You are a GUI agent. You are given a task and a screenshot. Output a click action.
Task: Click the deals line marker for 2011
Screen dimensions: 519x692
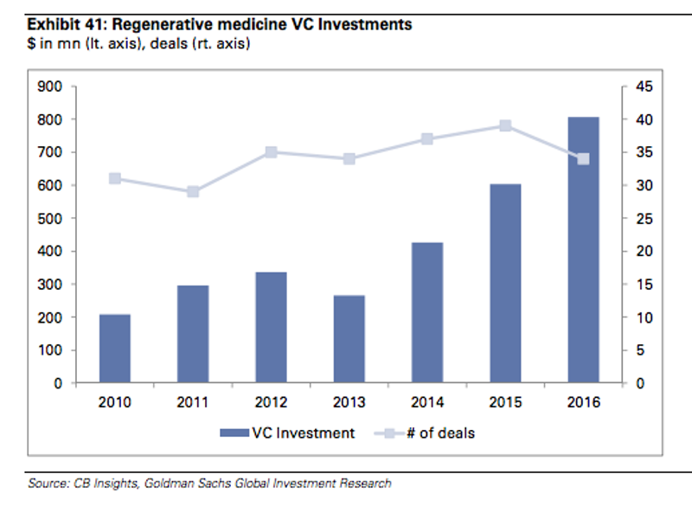point(193,191)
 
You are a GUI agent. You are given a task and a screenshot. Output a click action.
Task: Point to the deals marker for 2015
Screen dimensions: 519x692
point(506,125)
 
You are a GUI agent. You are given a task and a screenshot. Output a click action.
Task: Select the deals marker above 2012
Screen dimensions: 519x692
point(271,152)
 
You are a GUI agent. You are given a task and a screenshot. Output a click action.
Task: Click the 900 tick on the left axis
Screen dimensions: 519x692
point(50,86)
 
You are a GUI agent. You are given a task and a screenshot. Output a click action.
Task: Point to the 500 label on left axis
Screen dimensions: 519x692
point(50,219)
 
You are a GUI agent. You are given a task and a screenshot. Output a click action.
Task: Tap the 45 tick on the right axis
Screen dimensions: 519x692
point(644,86)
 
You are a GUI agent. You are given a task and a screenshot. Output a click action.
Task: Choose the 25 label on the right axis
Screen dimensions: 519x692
point(644,219)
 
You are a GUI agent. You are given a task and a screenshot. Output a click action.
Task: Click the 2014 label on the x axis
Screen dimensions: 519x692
point(427,402)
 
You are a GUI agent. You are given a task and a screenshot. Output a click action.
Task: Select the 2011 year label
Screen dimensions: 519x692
point(193,402)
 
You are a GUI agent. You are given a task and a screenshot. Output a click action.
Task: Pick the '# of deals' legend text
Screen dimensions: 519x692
point(441,433)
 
